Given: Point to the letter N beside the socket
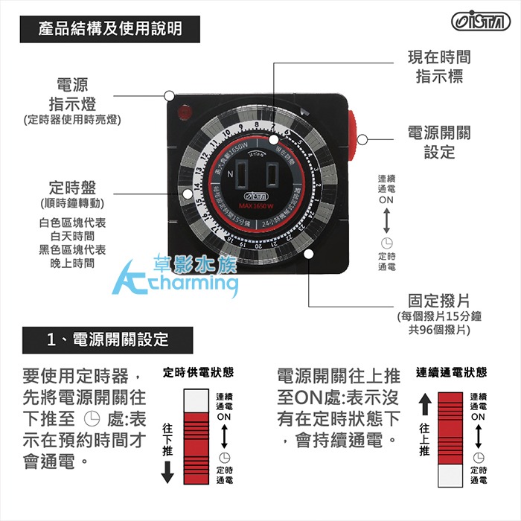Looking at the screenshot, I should pyautogui.click(x=231, y=175).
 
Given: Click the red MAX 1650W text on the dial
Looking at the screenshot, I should pyautogui.click(x=258, y=208).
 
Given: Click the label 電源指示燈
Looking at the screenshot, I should pyautogui.click(x=72, y=94).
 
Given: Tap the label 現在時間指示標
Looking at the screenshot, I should pyautogui.click(x=439, y=66).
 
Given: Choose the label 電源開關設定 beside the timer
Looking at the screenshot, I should pyautogui.click(x=439, y=142).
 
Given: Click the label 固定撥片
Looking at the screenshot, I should pyautogui.click(x=439, y=300).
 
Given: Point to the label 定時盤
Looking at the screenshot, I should pyautogui.click(x=72, y=187).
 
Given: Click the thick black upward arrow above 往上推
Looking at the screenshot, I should pyautogui.click(x=425, y=405).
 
